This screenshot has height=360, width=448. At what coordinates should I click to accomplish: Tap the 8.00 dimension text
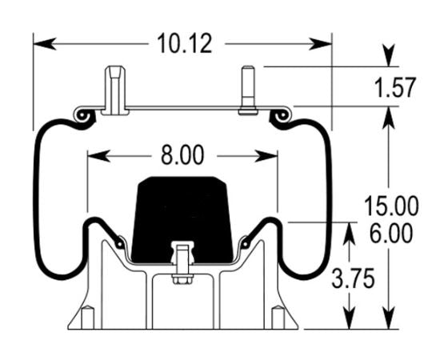click(183, 154)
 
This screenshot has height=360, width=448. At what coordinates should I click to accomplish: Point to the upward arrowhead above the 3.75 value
click(350, 230)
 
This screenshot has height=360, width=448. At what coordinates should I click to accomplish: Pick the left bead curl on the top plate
click(82, 117)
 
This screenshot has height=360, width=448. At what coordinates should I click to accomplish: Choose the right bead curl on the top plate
click(281, 118)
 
